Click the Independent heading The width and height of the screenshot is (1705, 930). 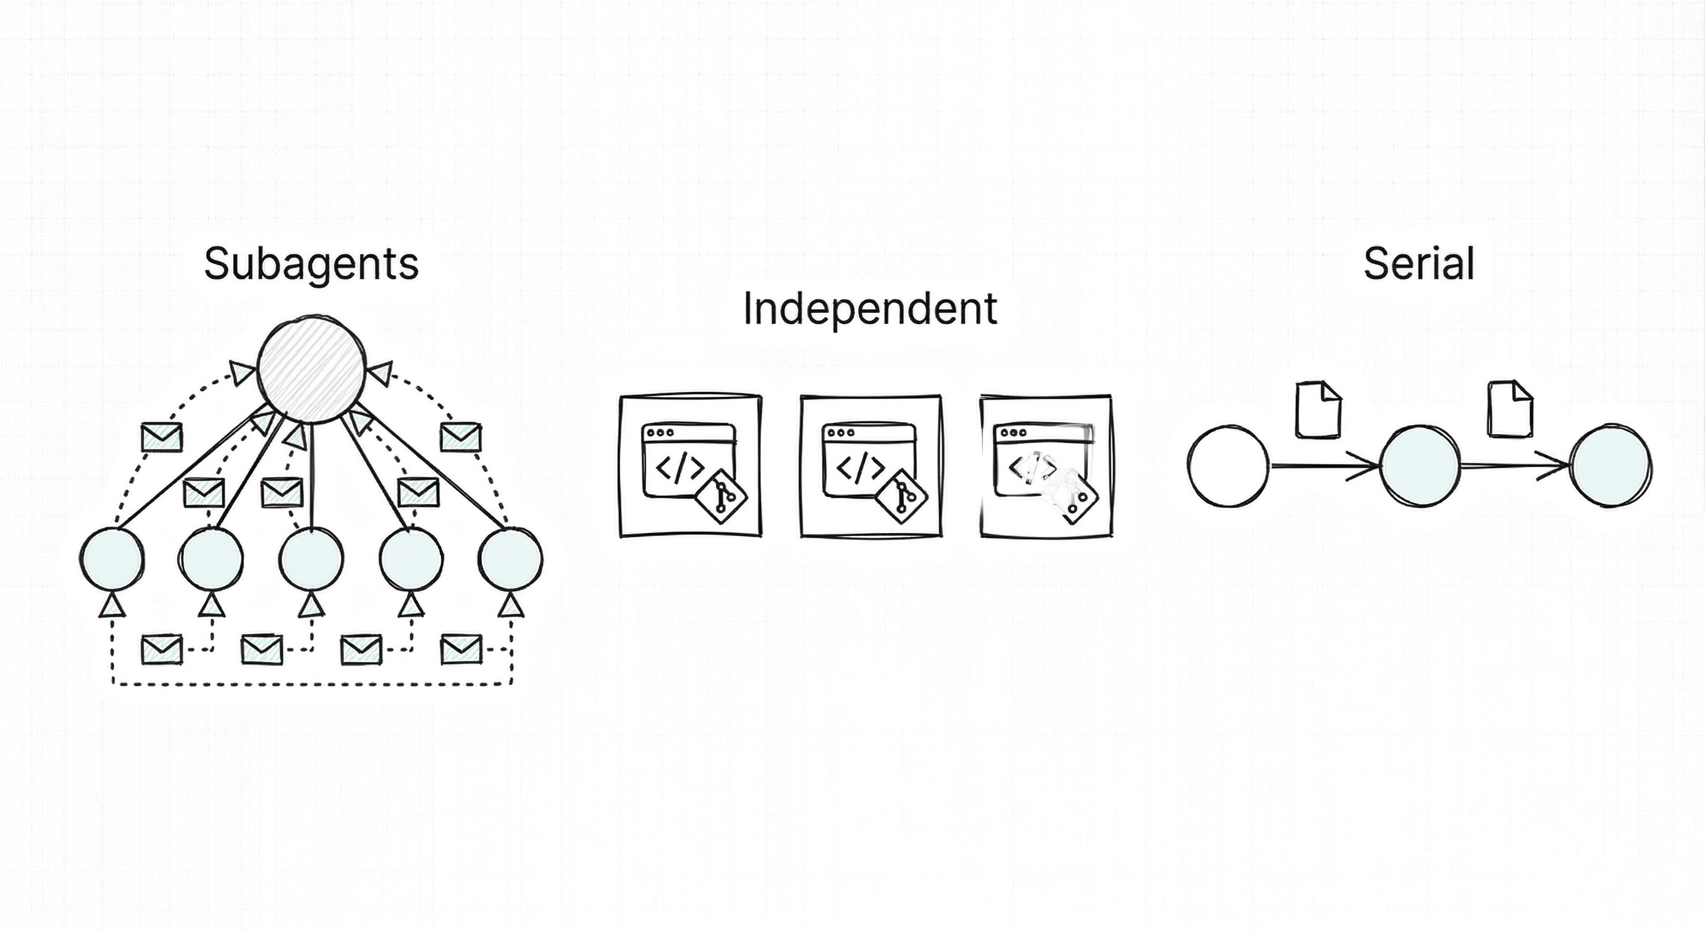870,309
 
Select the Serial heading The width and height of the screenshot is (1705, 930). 1419,264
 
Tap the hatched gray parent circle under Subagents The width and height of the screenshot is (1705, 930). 311,369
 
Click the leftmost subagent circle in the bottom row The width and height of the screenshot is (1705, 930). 112,558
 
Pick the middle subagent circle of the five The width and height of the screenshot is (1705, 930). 311,558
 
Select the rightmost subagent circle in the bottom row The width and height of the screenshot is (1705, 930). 510,558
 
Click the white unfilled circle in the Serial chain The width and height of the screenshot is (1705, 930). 1229,466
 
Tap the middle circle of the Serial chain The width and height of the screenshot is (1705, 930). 1420,466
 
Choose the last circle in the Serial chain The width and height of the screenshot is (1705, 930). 1611,466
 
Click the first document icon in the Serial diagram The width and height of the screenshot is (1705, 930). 1318,409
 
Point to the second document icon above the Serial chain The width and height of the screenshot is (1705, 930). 1510,409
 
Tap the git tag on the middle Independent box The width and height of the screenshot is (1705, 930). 901,497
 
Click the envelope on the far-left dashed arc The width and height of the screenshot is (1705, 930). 162,437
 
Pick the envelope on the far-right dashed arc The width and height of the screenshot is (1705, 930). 461,437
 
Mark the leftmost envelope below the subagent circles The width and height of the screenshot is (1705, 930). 162,649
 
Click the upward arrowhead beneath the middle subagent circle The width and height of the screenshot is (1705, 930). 311,605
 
